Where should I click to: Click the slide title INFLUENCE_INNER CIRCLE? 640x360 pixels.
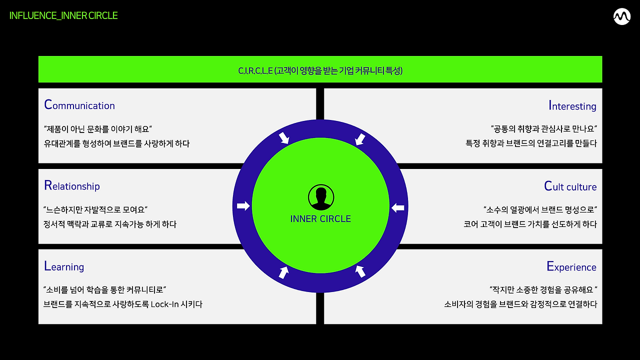coord(63,15)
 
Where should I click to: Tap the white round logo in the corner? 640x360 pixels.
coord(621,17)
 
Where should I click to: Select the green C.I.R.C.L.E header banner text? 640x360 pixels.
coord(320,70)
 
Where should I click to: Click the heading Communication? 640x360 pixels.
coord(79,105)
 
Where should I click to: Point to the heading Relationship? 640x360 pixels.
coord(72,185)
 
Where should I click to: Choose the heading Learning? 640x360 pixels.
coord(64,266)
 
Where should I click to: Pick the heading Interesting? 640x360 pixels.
coord(572,105)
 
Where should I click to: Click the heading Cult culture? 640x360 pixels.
coord(570,186)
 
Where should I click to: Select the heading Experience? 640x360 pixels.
coord(571,266)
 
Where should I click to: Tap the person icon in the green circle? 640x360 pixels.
coord(320,198)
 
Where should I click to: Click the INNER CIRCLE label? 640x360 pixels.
coord(320,219)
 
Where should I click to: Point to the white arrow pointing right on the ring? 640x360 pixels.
coord(243,206)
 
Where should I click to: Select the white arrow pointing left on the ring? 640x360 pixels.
coord(397,207)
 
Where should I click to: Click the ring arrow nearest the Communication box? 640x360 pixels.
coord(283,137)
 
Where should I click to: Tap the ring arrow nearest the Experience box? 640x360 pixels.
coord(360,271)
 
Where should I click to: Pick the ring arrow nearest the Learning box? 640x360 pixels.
coord(283,272)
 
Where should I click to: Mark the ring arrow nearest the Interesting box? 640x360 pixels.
coord(359,139)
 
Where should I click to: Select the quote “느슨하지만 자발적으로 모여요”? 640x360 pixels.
coord(95,209)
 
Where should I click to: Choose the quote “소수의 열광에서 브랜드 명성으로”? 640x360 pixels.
coord(540,209)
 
